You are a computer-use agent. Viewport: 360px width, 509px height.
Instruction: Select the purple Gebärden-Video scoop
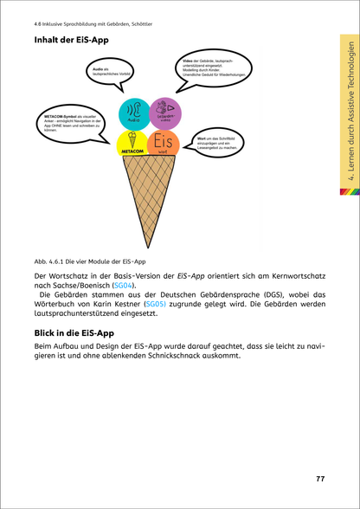(x=164, y=113)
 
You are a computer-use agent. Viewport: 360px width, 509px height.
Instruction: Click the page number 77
(x=319, y=479)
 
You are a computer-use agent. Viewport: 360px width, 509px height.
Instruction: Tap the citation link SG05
(x=155, y=305)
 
